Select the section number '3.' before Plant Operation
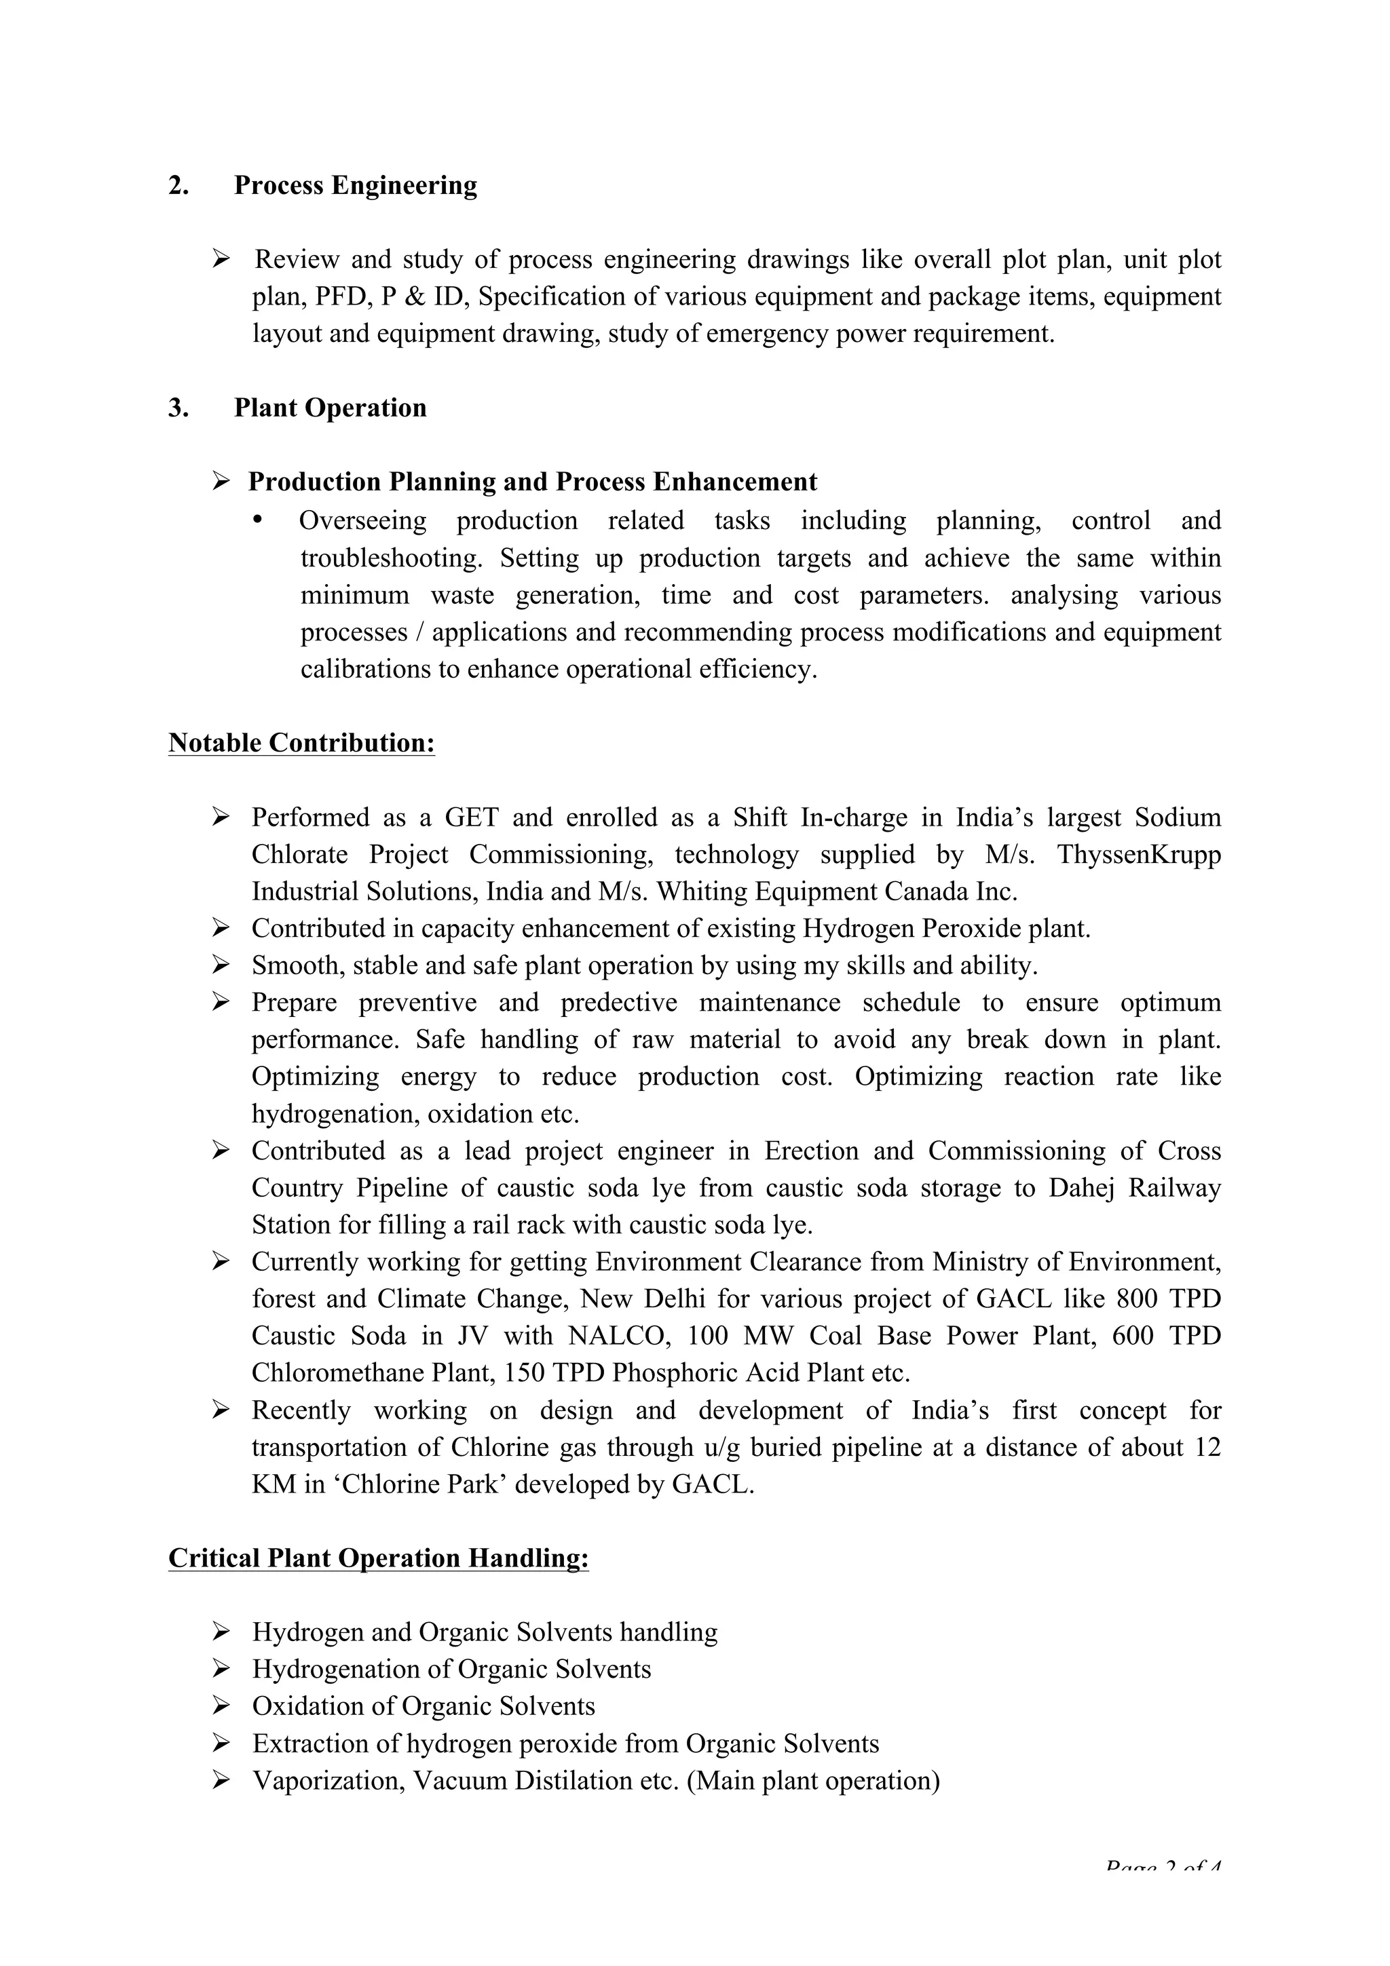[x=178, y=408]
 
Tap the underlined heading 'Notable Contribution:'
[x=301, y=742]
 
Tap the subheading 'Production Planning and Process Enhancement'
[x=532, y=482]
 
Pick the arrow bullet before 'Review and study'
[x=221, y=258]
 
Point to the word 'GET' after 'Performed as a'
[x=471, y=817]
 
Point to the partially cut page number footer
[x=1161, y=1865]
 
